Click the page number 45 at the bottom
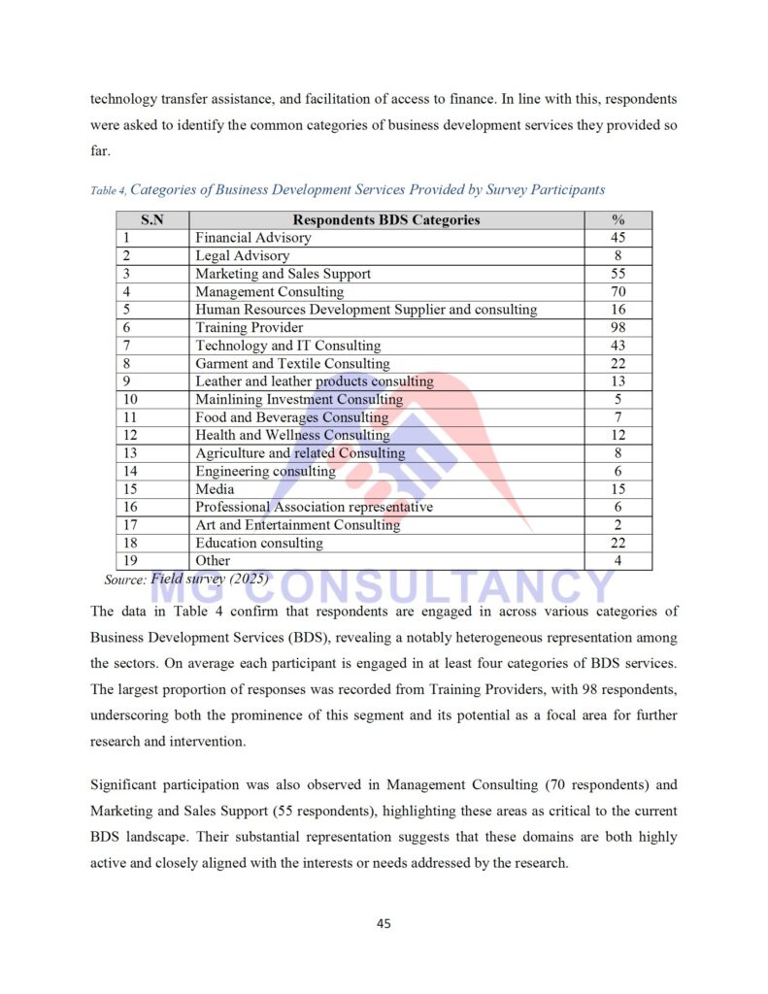(384, 923)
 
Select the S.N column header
(152, 219)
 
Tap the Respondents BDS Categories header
(386, 219)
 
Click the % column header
(618, 219)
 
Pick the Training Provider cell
(250, 327)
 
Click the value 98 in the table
(618, 327)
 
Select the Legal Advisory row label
(243, 255)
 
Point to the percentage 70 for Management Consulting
(618, 291)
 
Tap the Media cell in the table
(215, 489)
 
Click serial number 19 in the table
(128, 560)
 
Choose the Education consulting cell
(259, 543)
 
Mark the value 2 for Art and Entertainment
(618, 524)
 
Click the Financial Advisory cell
(253, 238)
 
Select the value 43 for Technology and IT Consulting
(618, 346)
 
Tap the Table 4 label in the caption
(107, 190)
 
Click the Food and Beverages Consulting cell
(291, 417)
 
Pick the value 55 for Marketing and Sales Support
(618, 274)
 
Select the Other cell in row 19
(213, 560)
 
